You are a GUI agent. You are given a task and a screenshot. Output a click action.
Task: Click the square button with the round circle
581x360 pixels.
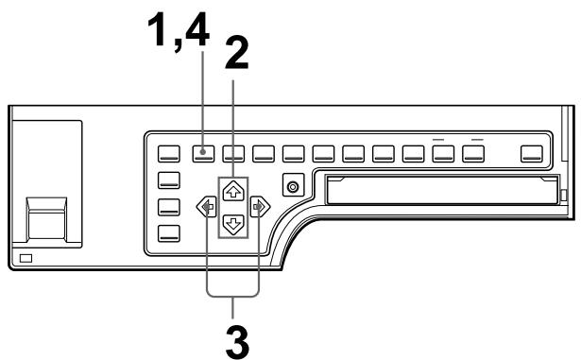click(x=294, y=186)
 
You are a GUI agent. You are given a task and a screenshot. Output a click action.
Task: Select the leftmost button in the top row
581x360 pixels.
click(x=170, y=151)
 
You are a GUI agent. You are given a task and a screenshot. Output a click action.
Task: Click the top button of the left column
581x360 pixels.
click(x=170, y=180)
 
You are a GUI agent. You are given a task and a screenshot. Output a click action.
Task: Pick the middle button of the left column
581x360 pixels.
click(x=170, y=208)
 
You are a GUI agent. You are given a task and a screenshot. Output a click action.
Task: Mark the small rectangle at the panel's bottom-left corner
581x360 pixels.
click(x=26, y=258)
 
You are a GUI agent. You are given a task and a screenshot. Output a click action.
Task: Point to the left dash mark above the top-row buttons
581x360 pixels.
click(x=441, y=138)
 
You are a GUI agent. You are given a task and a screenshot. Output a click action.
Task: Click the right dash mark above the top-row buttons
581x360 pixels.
click(x=478, y=138)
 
